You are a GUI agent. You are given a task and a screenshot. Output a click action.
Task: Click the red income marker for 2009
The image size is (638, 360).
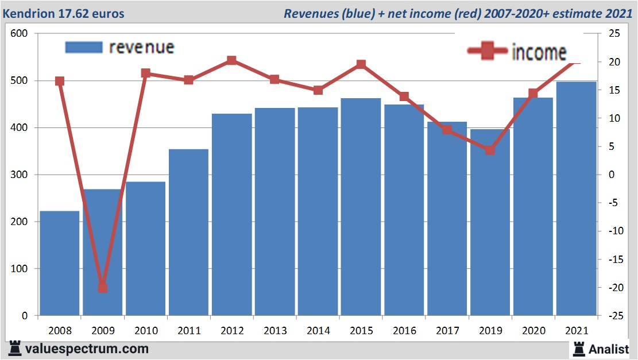coord(103,287)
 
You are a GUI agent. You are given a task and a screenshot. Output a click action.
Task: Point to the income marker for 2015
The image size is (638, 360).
coord(361,64)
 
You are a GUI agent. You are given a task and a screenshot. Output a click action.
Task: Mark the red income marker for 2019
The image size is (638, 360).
coord(490,150)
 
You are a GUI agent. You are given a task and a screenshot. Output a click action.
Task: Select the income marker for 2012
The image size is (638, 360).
coord(232,60)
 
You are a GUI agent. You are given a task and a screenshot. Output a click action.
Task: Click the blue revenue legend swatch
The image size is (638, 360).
coord(84,47)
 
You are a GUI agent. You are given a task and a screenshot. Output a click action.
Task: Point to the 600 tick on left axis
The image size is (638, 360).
coord(20,34)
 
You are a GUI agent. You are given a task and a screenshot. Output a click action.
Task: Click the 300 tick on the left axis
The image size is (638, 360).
coord(20,175)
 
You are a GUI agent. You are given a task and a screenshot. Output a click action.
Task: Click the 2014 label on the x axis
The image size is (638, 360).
coord(318,331)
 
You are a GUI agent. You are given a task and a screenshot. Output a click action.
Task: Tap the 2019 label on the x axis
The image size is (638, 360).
coord(490,331)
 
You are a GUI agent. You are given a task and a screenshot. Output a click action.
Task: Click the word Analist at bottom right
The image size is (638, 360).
coord(609,349)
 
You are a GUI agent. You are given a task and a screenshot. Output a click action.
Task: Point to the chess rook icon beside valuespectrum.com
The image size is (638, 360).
coord(16,349)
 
